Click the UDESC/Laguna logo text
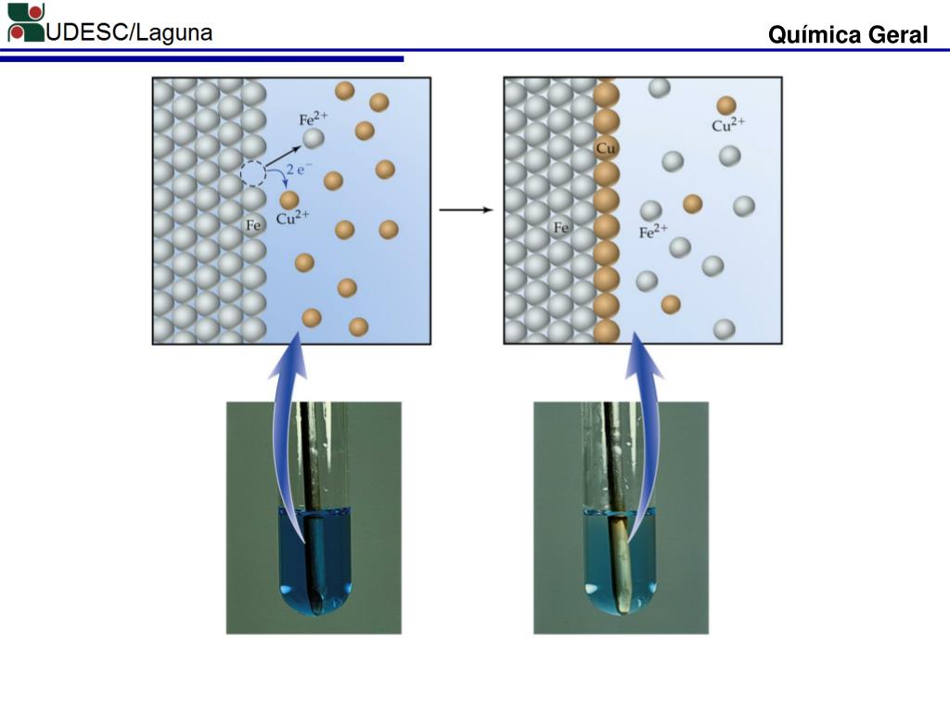pos(130,32)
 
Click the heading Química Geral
pos(847,35)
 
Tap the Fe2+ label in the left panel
pos(313,119)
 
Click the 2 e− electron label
pos(298,170)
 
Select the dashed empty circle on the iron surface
pos(252,172)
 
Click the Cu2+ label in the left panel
pos(292,220)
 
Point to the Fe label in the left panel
pos(253,225)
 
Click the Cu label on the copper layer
pos(606,148)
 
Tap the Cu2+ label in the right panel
pos(728,125)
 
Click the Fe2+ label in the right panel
pos(654,232)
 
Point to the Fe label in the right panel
pos(560,227)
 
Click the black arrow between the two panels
pos(466,210)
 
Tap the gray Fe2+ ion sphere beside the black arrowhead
pos(314,139)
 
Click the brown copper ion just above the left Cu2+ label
pos(289,199)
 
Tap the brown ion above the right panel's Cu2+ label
pos(726,106)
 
